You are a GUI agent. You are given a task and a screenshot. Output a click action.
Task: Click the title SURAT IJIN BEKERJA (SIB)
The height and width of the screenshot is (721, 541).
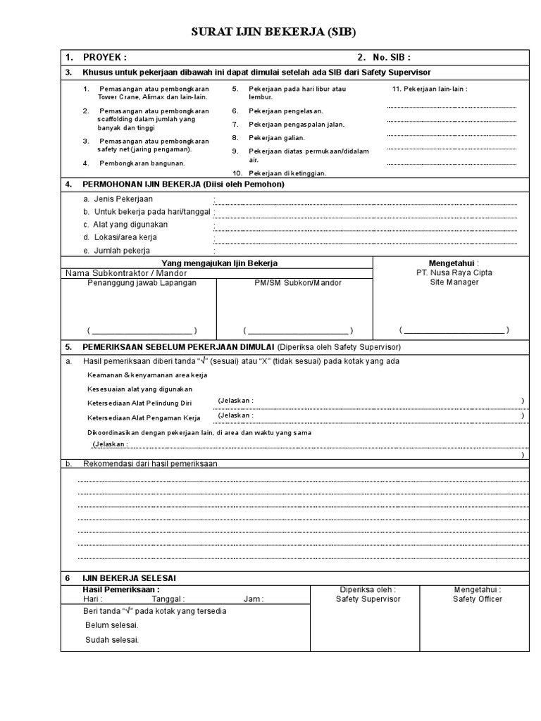click(x=270, y=32)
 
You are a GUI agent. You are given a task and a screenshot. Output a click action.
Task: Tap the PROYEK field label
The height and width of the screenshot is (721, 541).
click(x=104, y=58)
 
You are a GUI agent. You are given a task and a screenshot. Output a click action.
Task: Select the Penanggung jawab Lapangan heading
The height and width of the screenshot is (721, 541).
click(x=142, y=283)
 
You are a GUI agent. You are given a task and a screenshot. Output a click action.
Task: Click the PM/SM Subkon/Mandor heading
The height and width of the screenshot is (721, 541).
click(x=298, y=283)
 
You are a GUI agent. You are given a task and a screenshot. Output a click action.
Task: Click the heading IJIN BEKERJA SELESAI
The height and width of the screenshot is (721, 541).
click(x=129, y=577)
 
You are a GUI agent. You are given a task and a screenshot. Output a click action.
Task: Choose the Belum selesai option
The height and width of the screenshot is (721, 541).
click(x=112, y=625)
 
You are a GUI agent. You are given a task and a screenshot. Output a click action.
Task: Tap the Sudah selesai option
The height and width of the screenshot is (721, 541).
click(x=112, y=640)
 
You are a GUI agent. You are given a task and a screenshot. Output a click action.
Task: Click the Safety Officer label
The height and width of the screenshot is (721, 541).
click(x=478, y=599)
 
